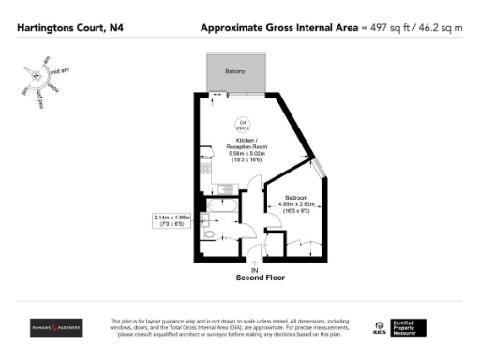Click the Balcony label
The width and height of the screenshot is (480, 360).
pyautogui.click(x=234, y=71)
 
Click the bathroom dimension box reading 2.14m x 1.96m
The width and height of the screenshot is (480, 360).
pyautogui.click(x=172, y=220)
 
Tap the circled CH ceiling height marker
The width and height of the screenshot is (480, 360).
pyautogui.click(x=241, y=126)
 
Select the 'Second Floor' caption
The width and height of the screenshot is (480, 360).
pyautogui.click(x=259, y=277)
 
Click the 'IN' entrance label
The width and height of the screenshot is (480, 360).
pyautogui.click(x=255, y=269)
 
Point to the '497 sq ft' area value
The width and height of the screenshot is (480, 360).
pyautogui.click(x=387, y=28)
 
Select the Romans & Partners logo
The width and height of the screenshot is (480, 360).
pyautogui.click(x=56, y=327)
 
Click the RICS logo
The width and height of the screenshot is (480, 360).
pyautogui.click(x=382, y=328)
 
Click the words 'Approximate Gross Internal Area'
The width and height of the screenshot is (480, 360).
pyautogui.click(x=280, y=28)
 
